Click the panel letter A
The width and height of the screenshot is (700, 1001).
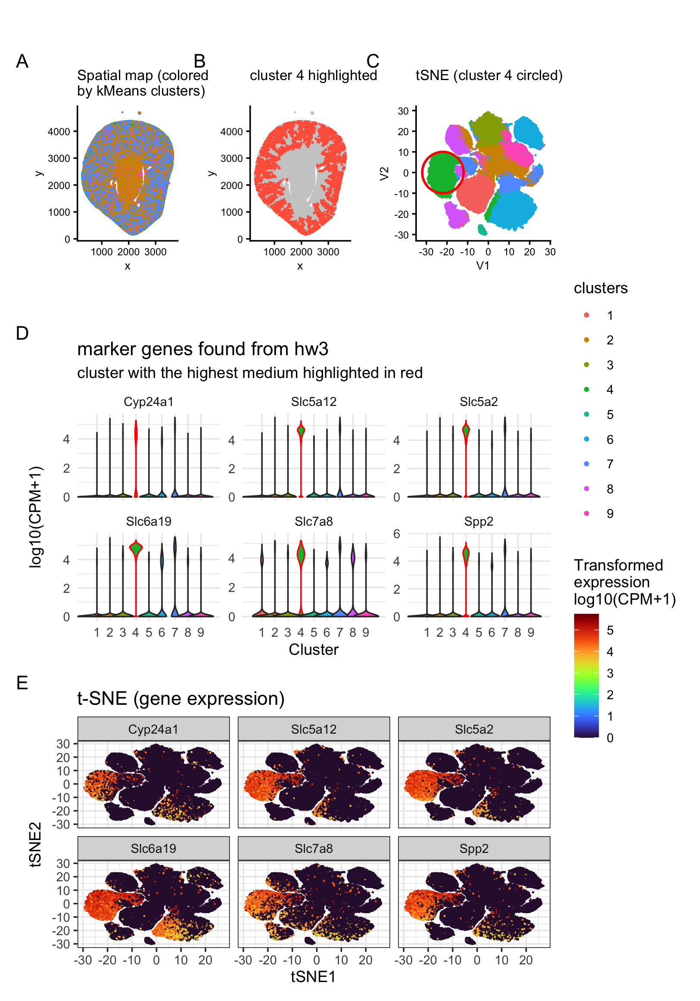pos(22,61)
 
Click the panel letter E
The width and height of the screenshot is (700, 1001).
pos(22,683)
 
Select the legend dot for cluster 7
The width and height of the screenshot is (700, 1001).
pos(587,464)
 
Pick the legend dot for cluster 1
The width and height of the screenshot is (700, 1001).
pos(587,315)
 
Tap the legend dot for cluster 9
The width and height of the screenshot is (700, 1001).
pos(587,513)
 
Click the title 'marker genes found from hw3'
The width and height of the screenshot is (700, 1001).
pos(202,349)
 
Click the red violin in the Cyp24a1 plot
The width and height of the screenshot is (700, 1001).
pos(136,436)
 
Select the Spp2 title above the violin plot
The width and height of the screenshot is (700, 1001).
pos(479,521)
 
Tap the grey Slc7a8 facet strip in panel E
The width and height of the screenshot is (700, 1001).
pos(314,849)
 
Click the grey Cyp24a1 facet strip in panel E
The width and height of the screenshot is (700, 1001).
pos(153,729)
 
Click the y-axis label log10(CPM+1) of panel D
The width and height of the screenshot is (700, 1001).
pos(36,517)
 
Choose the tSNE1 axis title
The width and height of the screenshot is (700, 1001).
pos(313,976)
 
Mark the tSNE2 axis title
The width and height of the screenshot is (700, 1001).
pos(36,844)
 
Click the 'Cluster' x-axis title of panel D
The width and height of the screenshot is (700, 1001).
pos(314,650)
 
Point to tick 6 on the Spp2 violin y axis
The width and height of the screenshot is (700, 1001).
pos(396,534)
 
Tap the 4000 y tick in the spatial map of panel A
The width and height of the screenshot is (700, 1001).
pos(59,132)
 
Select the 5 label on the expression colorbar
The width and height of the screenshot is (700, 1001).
pos(610,630)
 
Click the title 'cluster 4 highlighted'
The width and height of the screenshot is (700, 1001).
pos(313,75)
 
